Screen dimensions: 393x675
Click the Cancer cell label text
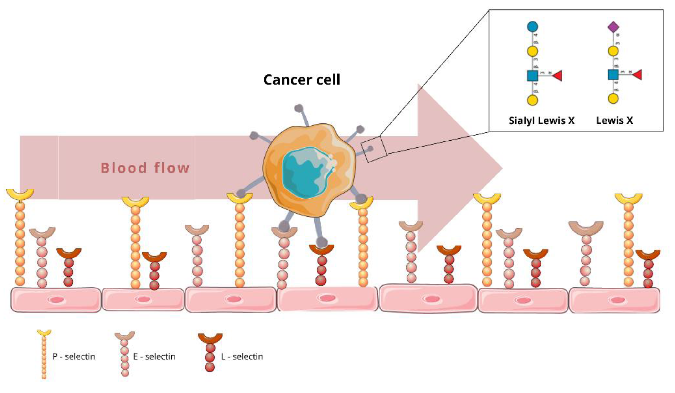(x=302, y=80)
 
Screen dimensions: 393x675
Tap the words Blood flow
(x=145, y=168)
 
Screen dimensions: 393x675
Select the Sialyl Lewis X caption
(x=541, y=120)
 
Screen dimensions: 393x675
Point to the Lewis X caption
(x=614, y=120)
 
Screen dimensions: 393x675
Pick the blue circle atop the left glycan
(x=532, y=27)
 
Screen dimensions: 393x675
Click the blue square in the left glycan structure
(x=532, y=76)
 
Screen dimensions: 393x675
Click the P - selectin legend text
(x=74, y=356)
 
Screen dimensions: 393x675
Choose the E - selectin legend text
(x=154, y=356)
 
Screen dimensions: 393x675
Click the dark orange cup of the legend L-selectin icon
(x=210, y=338)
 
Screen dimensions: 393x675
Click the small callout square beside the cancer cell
(x=374, y=149)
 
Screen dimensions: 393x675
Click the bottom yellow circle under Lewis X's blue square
(x=613, y=98)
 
